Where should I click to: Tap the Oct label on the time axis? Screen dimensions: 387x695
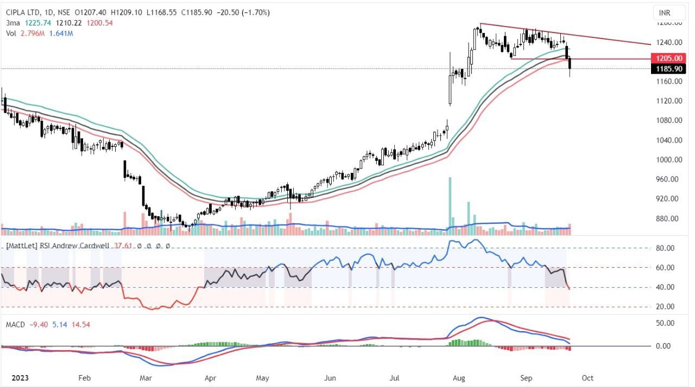click(587, 377)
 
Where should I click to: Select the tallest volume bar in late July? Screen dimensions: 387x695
click(450, 203)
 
